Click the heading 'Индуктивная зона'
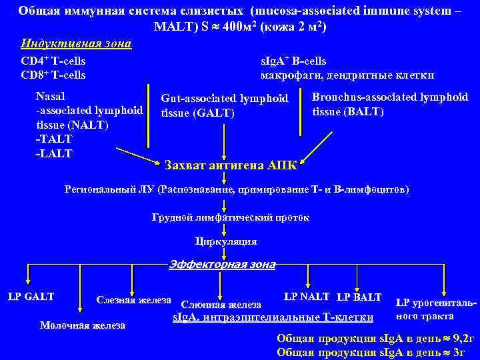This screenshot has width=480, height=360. (x=76, y=44)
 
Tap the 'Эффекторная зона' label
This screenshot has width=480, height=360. (x=221, y=265)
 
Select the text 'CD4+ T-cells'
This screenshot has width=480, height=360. (x=53, y=61)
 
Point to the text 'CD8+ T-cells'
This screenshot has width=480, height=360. (x=53, y=75)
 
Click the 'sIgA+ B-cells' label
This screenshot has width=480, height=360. (x=293, y=61)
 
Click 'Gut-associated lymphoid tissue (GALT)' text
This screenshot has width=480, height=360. (x=224, y=105)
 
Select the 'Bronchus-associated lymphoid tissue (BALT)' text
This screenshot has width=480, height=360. (x=390, y=104)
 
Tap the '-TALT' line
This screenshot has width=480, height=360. (x=54, y=139)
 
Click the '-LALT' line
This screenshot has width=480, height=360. (x=54, y=153)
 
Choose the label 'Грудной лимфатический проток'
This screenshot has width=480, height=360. (x=231, y=217)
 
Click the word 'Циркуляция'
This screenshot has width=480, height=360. (x=226, y=241)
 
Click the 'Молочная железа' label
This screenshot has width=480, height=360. (x=83, y=325)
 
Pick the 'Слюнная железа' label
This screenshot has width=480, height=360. (x=221, y=305)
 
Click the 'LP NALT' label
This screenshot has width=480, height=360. (x=307, y=296)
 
